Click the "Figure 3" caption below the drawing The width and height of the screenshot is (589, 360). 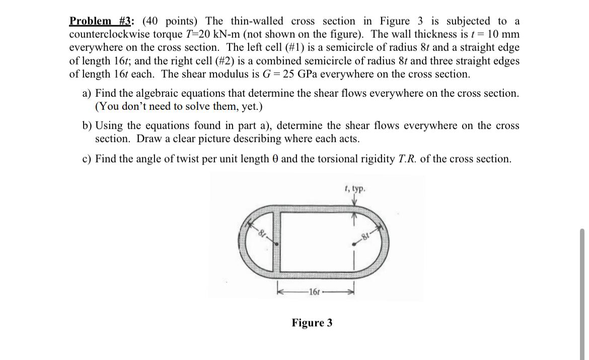pyautogui.click(x=312, y=323)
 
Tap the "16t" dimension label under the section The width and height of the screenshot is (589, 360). pyautogui.click(x=313, y=292)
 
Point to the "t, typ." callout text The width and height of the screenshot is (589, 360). pyautogui.click(x=355, y=189)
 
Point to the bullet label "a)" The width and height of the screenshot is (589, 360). pyautogui.click(x=87, y=94)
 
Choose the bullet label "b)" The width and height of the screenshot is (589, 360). pyautogui.click(x=87, y=125)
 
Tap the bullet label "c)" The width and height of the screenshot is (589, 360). pyautogui.click(x=87, y=159)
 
